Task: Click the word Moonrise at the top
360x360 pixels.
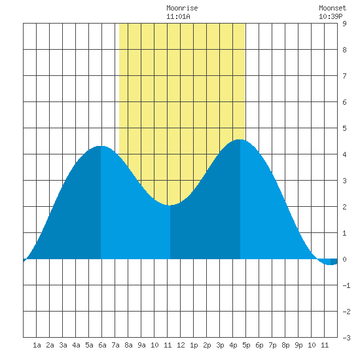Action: pyautogui.click(x=182, y=8)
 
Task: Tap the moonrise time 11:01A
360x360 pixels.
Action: pyautogui.click(x=178, y=16)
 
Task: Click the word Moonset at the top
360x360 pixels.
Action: pyautogui.click(x=333, y=8)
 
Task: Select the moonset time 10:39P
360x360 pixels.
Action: pyautogui.click(x=331, y=16)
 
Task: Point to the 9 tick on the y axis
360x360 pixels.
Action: pyautogui.click(x=344, y=24)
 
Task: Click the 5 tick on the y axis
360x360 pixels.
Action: pyautogui.click(x=344, y=128)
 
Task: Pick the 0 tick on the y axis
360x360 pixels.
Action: pyautogui.click(x=344, y=259)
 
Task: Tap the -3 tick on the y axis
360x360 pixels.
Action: pyautogui.click(x=346, y=338)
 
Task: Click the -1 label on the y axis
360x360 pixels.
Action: pyautogui.click(x=346, y=285)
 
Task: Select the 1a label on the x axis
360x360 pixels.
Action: pyautogui.click(x=37, y=345)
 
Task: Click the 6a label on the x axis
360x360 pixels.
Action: pyautogui.click(x=102, y=345)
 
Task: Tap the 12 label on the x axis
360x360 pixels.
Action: pyautogui.click(x=181, y=345)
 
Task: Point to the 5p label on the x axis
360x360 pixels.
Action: pyautogui.click(x=246, y=345)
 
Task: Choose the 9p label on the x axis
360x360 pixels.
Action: pyautogui.click(x=298, y=345)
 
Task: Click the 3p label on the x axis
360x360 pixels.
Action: pyautogui.click(x=220, y=345)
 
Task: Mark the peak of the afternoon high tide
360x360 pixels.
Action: pyautogui.click(x=240, y=139)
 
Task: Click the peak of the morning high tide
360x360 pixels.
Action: pyautogui.click(x=101, y=146)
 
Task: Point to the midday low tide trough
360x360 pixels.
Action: pyautogui.click(x=170, y=205)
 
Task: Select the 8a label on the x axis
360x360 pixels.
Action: pyautogui.click(x=128, y=345)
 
